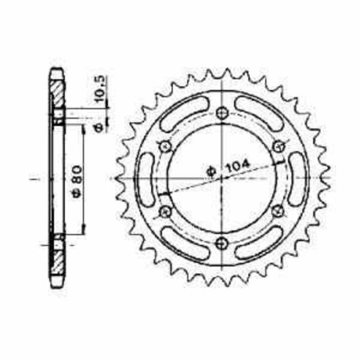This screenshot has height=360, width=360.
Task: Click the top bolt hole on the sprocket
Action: pos(223,112)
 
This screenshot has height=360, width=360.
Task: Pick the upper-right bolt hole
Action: pos(279,146)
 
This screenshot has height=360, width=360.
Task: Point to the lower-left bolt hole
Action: pos(164,211)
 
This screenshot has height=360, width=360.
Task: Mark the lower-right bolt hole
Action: pos(279,210)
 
